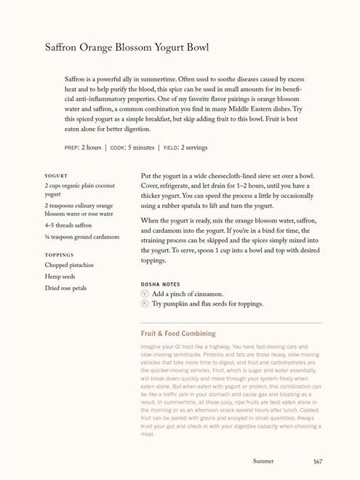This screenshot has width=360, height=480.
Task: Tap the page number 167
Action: pyautogui.click(x=318, y=461)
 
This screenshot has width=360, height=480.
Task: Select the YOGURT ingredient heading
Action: pyautogui.click(x=55, y=175)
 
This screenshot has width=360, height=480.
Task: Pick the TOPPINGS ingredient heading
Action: pyautogui.click(x=59, y=255)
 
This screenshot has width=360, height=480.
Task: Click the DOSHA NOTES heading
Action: pyautogui.click(x=161, y=284)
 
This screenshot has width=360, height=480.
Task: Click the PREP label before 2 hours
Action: pyautogui.click(x=71, y=148)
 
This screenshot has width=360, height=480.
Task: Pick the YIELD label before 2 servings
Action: pyautogui.click(x=170, y=148)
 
